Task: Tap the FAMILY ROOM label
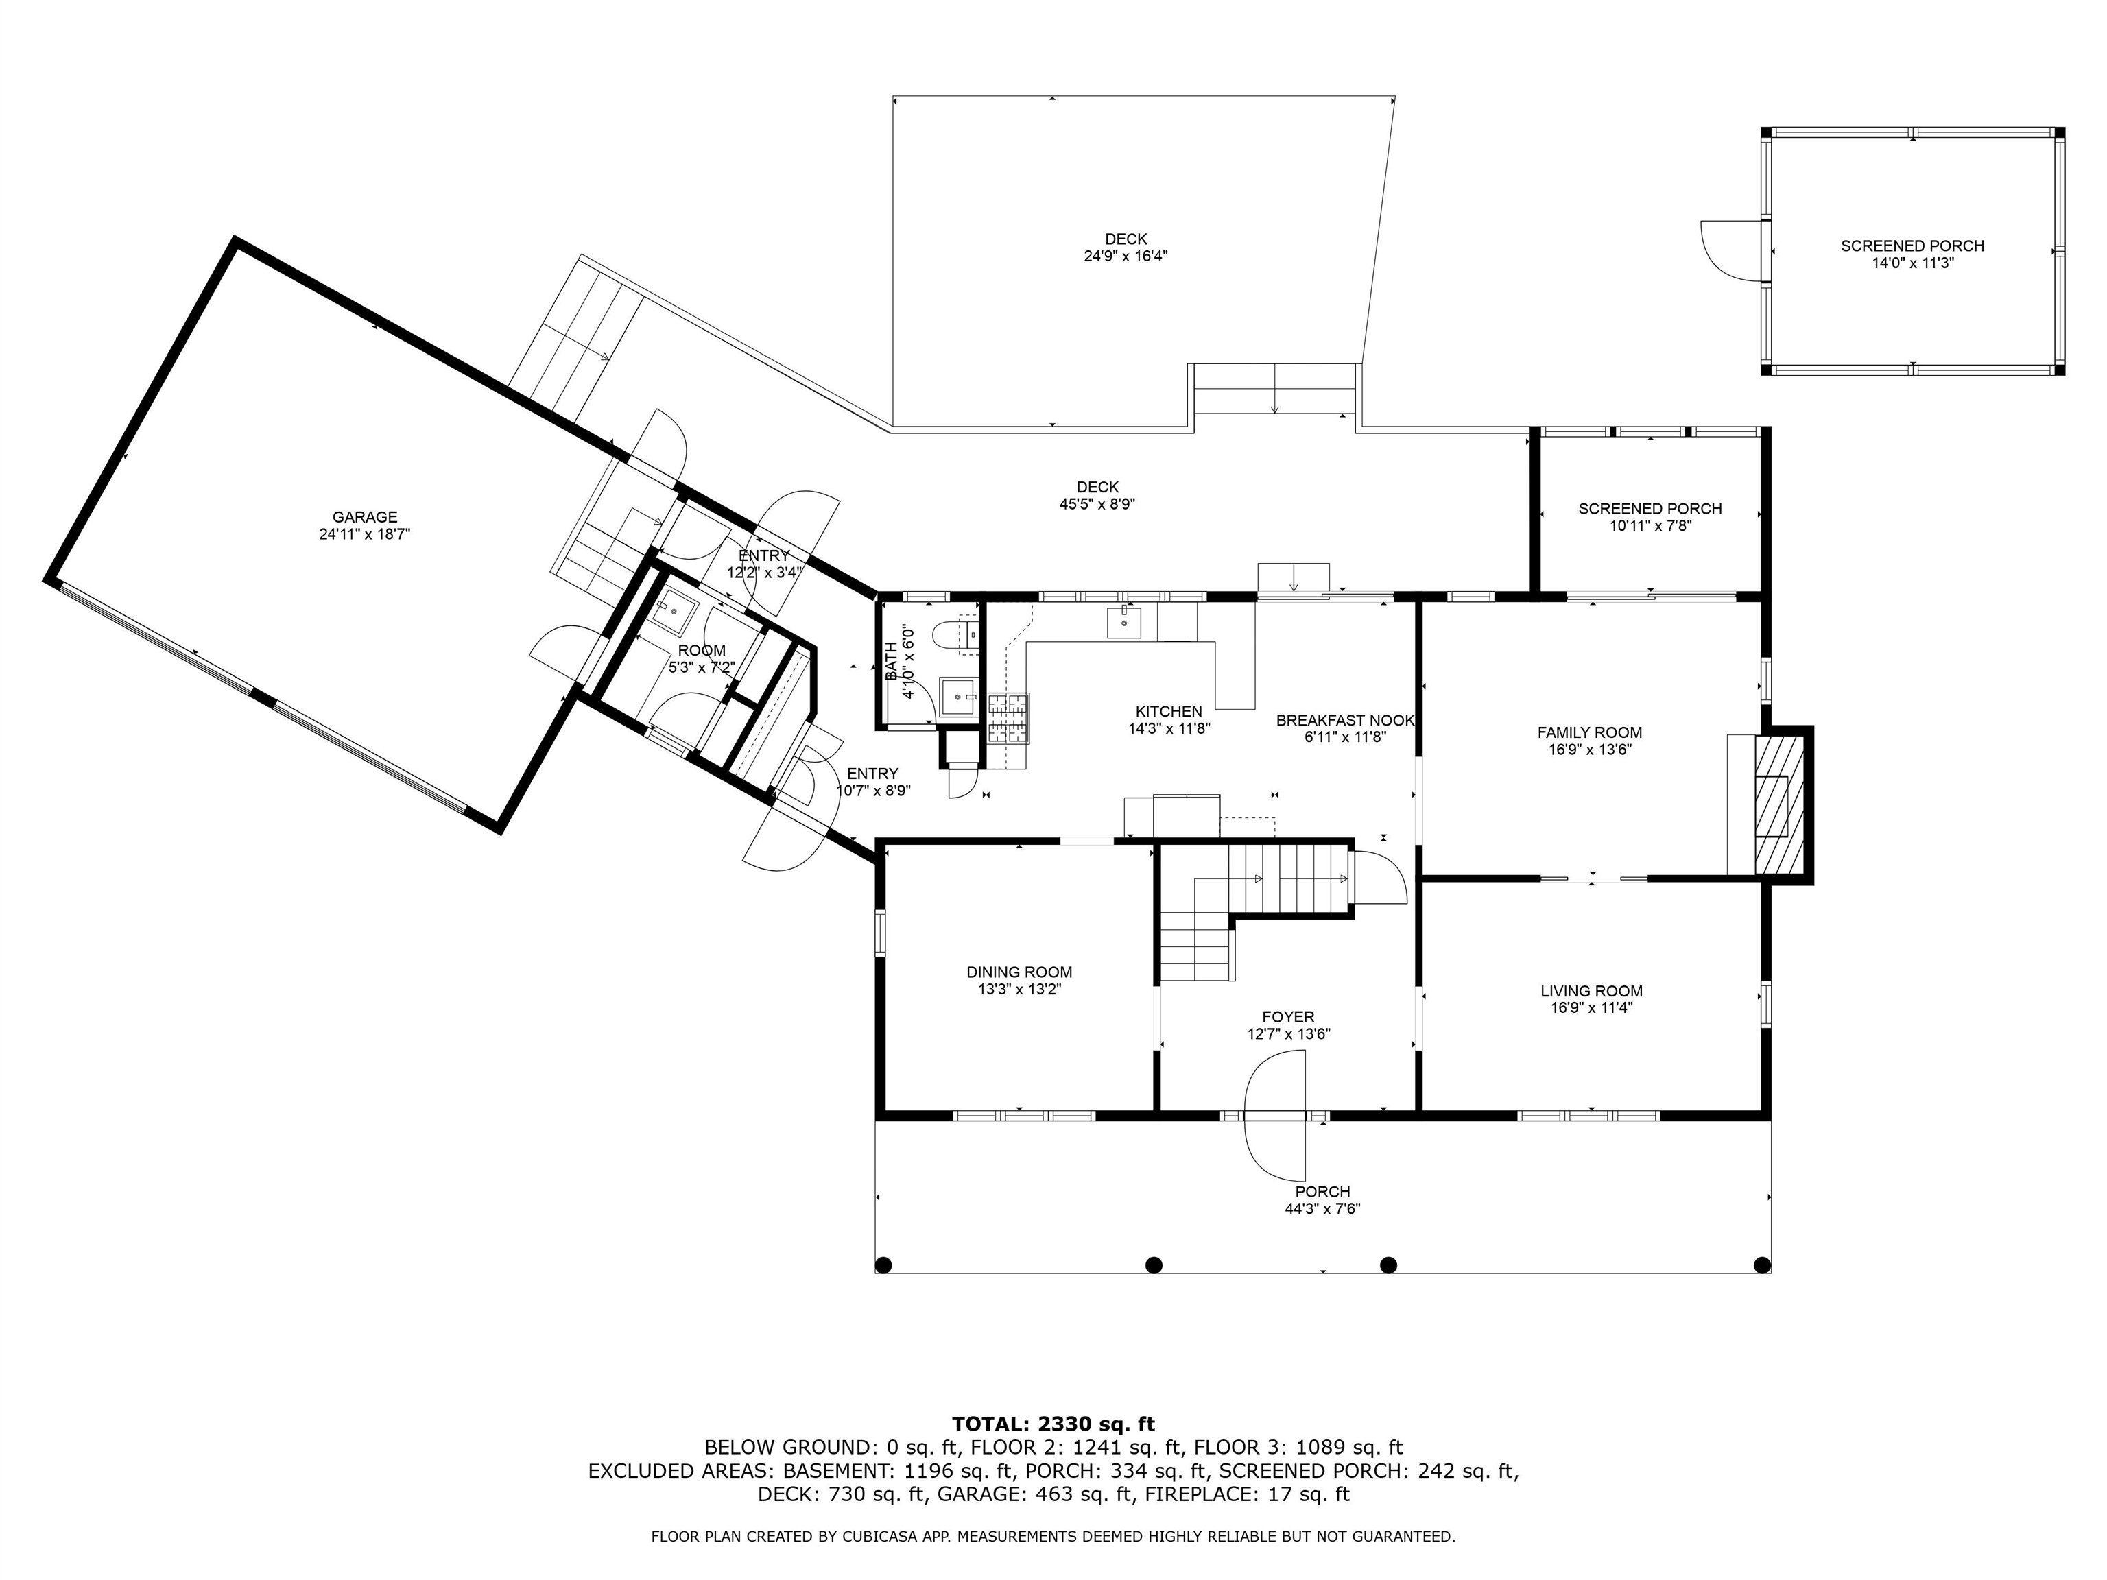1590,732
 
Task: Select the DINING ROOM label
1019,972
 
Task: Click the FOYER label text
1288,1017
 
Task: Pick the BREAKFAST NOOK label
1345,721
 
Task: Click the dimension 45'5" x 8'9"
1097,505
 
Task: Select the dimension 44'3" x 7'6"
1322,1208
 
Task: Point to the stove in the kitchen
1009,717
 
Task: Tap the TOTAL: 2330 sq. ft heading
1053,1424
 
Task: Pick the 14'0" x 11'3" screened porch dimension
1913,263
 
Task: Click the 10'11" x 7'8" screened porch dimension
1650,526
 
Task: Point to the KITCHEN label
1169,711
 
